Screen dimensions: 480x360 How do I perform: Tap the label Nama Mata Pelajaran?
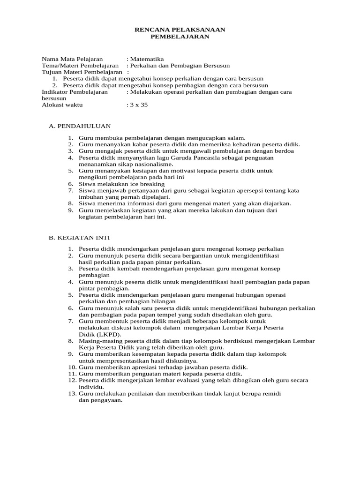click(72, 59)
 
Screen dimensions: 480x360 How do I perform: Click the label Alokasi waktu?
click(62, 105)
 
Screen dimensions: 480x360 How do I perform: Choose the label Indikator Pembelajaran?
click(75, 92)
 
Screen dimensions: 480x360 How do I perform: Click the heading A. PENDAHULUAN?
click(80, 126)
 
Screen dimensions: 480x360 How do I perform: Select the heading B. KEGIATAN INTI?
click(80, 238)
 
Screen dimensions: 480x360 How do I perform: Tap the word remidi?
click(271, 394)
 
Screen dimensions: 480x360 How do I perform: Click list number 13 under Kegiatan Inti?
click(72, 394)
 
